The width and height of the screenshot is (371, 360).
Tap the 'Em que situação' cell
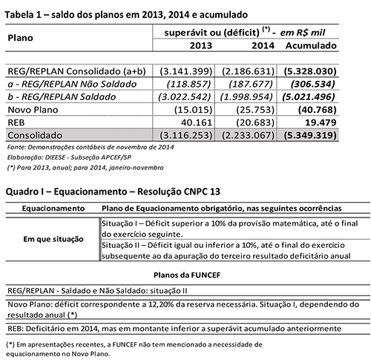click(x=51, y=239)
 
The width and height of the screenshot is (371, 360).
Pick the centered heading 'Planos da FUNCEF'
click(x=185, y=273)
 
